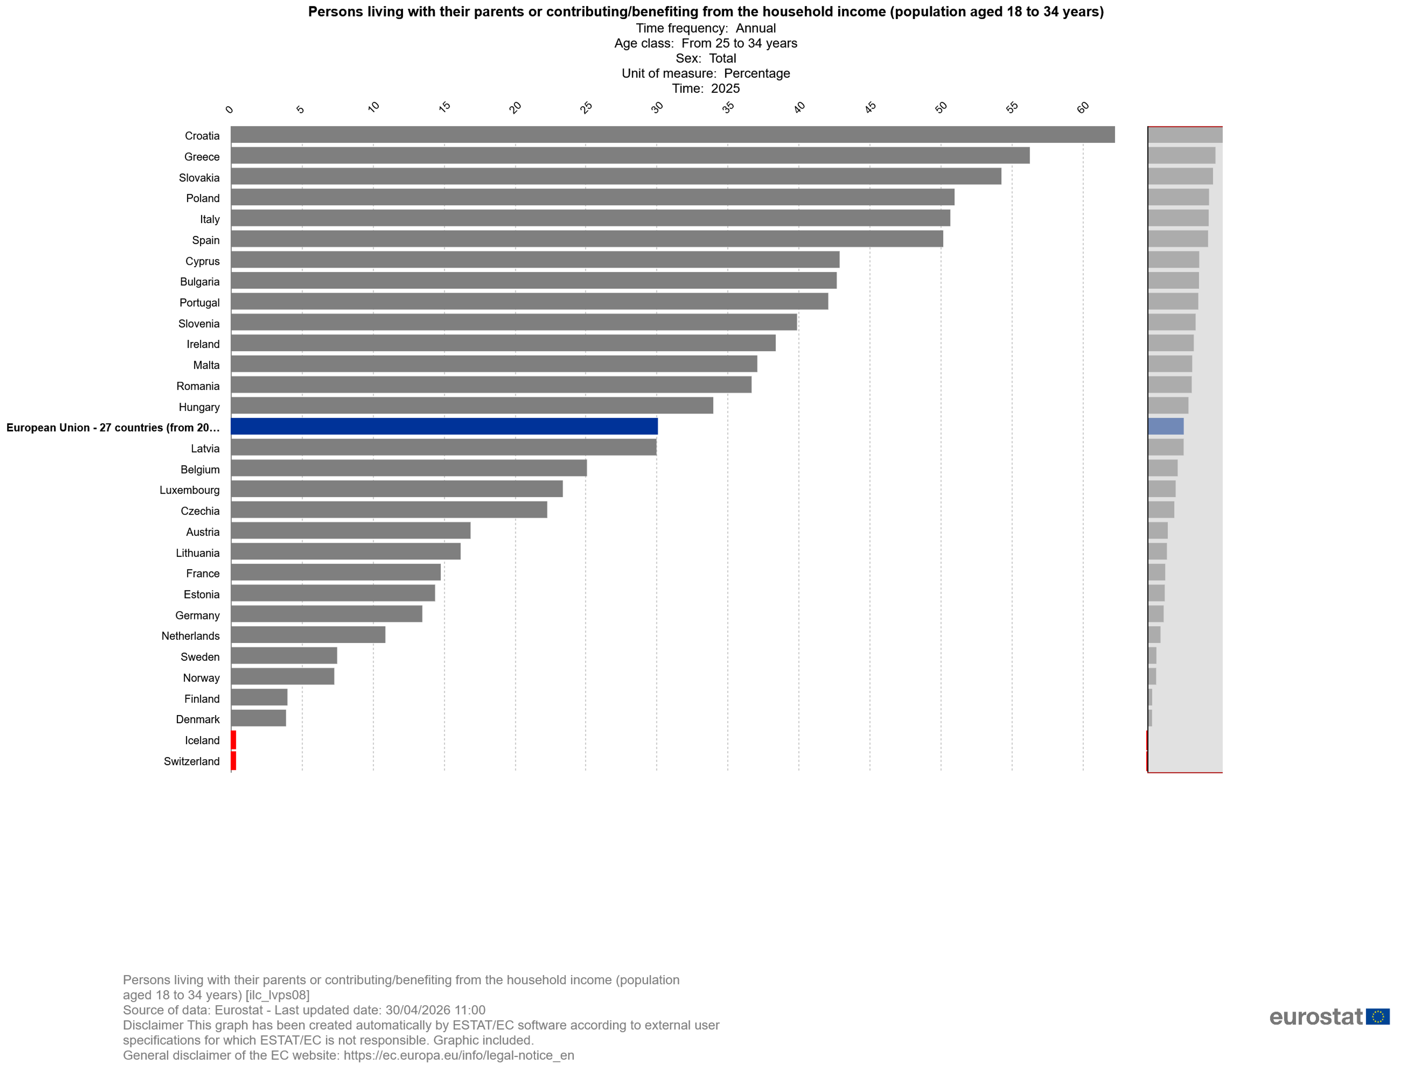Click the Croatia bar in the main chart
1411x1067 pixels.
pos(673,134)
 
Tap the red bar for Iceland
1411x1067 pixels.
pos(233,740)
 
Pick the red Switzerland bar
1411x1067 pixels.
pos(233,761)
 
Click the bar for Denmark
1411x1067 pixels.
pos(258,718)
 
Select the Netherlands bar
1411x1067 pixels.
pos(308,635)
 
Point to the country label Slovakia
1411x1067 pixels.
pos(199,178)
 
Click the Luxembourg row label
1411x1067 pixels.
pos(190,490)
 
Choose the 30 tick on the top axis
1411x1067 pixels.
pos(657,107)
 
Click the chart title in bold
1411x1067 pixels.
pos(705,11)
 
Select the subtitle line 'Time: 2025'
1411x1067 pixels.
pos(705,89)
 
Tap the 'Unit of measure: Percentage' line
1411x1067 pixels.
pos(705,73)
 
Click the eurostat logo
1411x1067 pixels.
pos(1329,1017)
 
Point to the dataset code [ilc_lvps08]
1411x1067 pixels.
pos(277,995)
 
